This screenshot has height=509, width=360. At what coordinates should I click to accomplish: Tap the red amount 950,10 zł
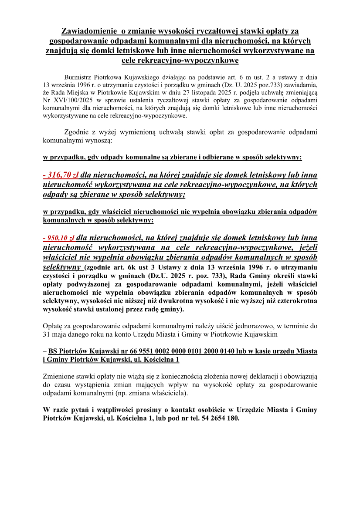pyautogui.click(x=59, y=238)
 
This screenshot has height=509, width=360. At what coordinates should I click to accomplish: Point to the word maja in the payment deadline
pyautogui.click(x=58, y=334)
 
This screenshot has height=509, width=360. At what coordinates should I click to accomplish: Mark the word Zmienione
pyautogui.click(x=58, y=376)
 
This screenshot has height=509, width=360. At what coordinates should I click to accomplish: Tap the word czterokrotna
pyautogui.click(x=294, y=301)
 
